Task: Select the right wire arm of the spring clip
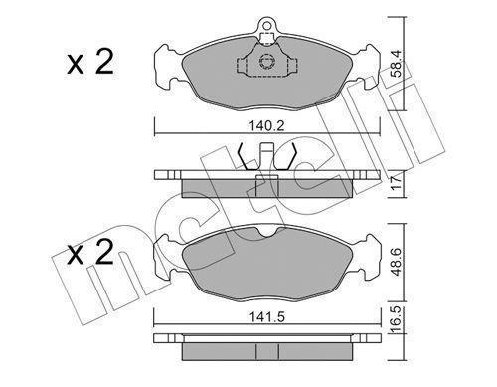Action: pyautogui.click(x=291, y=156)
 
